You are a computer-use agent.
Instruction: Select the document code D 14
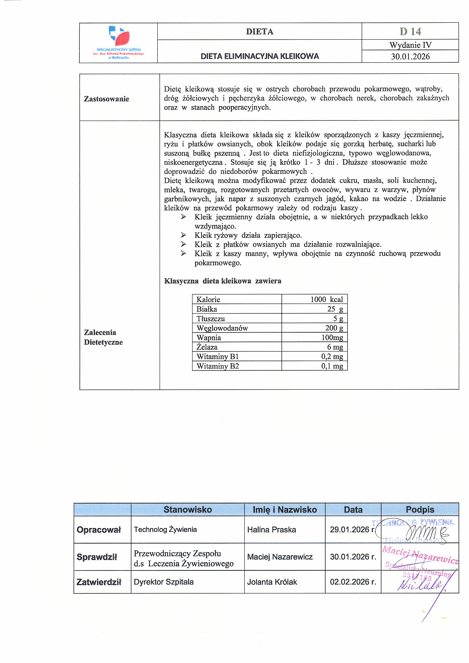pos(410,31)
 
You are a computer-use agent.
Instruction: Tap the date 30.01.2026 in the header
pos(410,57)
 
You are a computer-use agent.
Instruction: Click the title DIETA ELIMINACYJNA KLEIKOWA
pos(259,56)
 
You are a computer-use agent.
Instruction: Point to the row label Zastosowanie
pos(106,99)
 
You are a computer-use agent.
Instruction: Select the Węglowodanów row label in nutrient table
pos(222,328)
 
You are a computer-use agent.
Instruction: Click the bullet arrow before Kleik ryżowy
pos(183,235)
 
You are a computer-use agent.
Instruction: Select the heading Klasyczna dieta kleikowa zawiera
pos(222,281)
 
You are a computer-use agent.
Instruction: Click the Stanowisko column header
pos(188,510)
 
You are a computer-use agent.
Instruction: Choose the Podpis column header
pos(420,510)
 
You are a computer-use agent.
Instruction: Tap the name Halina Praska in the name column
pos(271,530)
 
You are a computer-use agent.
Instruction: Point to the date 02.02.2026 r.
pos(353,582)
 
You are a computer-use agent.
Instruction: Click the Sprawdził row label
pos(97,557)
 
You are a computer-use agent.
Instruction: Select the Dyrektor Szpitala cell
pos(163,582)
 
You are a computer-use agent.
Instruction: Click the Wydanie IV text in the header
pos(410,45)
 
